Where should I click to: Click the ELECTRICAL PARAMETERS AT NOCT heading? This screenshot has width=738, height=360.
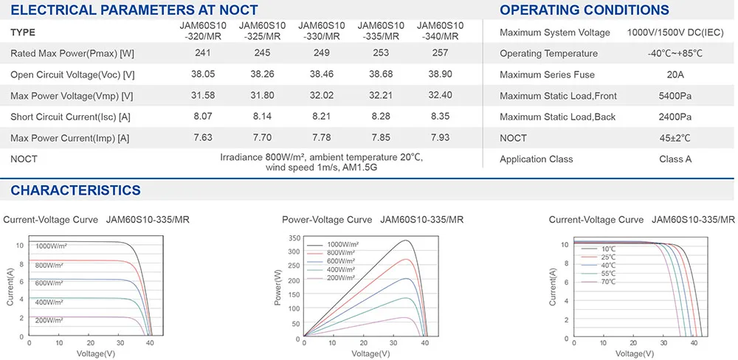click(134, 10)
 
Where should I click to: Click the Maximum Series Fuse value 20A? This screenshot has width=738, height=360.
click(675, 75)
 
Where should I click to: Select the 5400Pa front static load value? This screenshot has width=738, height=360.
click(675, 96)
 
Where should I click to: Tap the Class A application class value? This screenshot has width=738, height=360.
click(675, 159)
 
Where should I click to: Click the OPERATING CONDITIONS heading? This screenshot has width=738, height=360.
click(584, 10)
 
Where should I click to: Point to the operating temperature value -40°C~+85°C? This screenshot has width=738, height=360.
click(675, 54)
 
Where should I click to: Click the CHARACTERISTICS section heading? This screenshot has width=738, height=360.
click(75, 190)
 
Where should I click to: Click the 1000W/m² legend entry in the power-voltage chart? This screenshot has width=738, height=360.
click(342, 244)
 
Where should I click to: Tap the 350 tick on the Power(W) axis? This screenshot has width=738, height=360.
click(294, 238)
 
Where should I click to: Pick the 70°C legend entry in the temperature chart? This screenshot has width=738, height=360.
click(607, 283)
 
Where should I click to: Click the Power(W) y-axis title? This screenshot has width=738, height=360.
click(278, 288)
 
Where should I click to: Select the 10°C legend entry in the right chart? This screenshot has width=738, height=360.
click(607, 249)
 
